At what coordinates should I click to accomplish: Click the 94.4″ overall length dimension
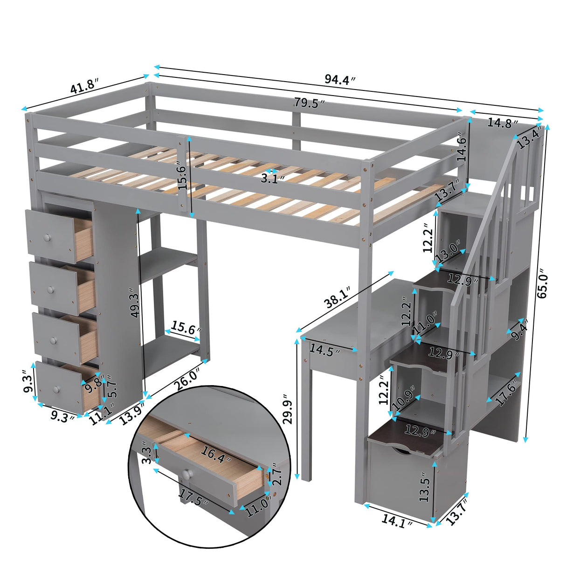point(340,80)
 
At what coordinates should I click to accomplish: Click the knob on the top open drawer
point(47,239)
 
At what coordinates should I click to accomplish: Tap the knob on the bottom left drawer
point(57,389)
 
